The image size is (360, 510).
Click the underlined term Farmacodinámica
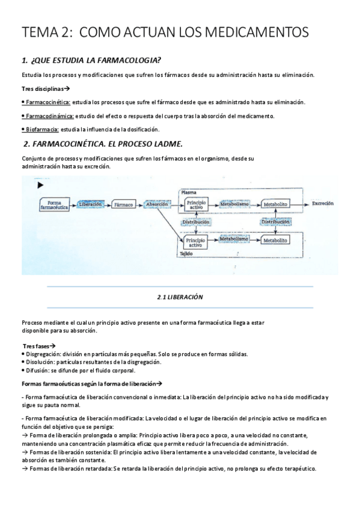[50, 116]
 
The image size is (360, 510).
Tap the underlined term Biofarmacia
[42, 129]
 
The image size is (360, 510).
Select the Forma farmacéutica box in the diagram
[55, 205]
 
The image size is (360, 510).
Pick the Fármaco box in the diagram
[123, 204]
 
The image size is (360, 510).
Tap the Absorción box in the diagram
[157, 204]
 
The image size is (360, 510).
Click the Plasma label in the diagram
[189, 193]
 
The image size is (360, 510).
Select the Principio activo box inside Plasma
[196, 205]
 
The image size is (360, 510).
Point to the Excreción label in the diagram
[322, 204]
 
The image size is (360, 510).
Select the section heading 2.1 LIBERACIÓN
[180, 297]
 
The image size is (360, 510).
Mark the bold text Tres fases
[35, 346]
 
